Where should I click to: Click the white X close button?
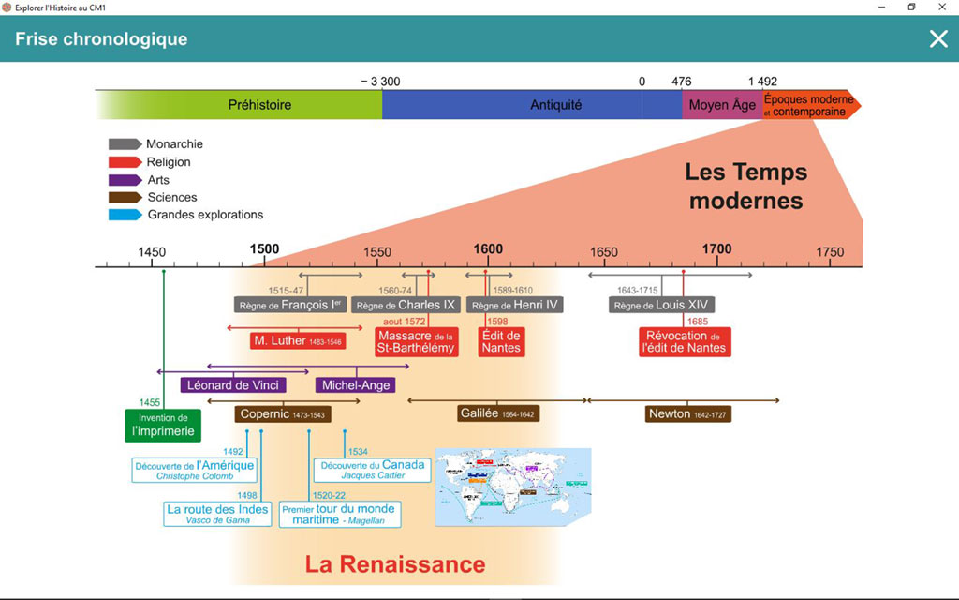pos(938,38)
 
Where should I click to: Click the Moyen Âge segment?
pos(721,105)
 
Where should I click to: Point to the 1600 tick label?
pos(488,249)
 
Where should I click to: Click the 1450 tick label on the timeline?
pos(152,252)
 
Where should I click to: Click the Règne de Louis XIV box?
pos(661,305)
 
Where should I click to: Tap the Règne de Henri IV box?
pos(515,305)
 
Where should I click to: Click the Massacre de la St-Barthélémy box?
pos(416,342)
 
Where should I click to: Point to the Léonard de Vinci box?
pos(233,385)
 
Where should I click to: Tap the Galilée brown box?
pos(499,413)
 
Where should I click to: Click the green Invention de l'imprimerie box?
pos(163,425)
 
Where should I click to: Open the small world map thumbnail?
pos(512,487)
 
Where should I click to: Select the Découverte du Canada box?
pos(372,470)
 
